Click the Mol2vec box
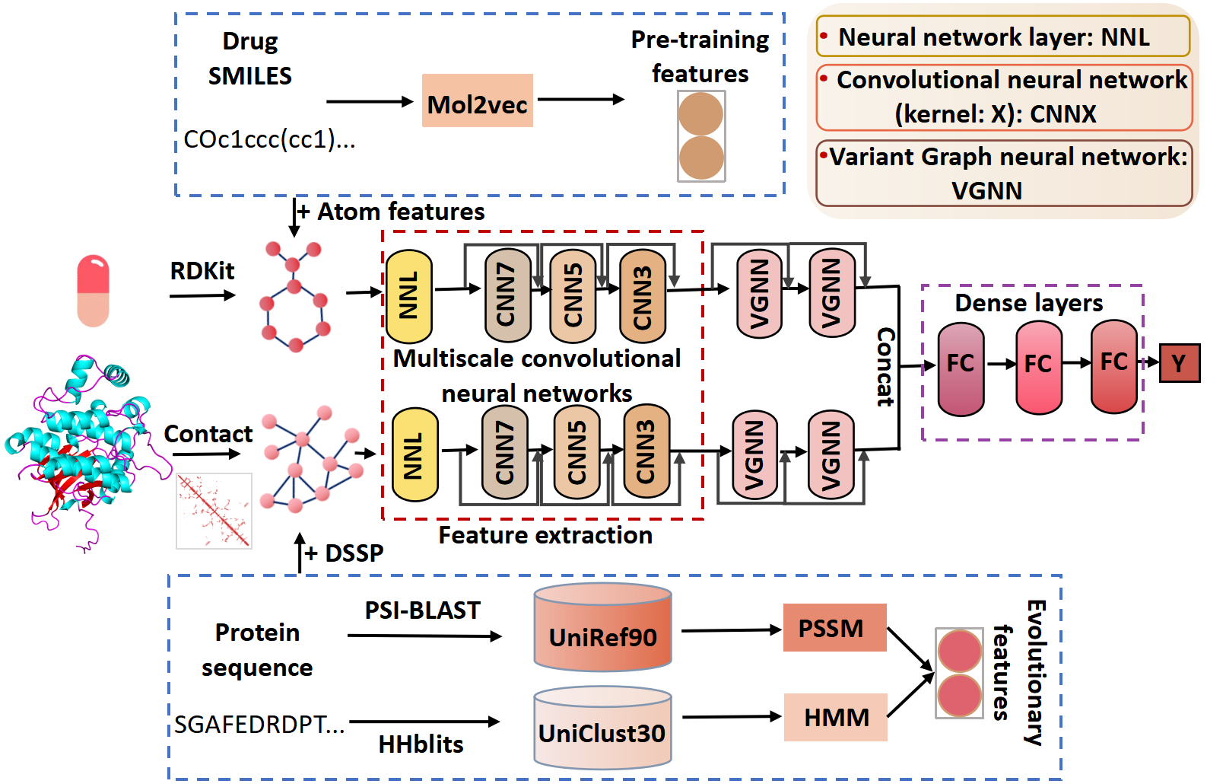click(x=477, y=100)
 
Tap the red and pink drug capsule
click(x=94, y=290)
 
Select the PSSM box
click(x=834, y=628)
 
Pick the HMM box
click(x=835, y=717)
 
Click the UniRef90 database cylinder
click(x=602, y=628)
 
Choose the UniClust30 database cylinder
click(x=602, y=728)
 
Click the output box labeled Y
click(x=1179, y=363)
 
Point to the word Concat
click(x=885, y=367)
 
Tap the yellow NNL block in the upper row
click(x=409, y=295)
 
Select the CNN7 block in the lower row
click(x=505, y=453)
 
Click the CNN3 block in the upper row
click(x=643, y=295)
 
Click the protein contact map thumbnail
click(x=214, y=511)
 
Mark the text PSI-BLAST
click(x=423, y=610)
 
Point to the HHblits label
click(x=421, y=744)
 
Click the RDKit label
click(x=202, y=271)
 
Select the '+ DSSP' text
click(x=344, y=553)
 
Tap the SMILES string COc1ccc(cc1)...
click(x=269, y=139)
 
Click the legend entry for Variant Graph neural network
click(x=1004, y=173)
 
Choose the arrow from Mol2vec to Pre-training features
click(x=580, y=100)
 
